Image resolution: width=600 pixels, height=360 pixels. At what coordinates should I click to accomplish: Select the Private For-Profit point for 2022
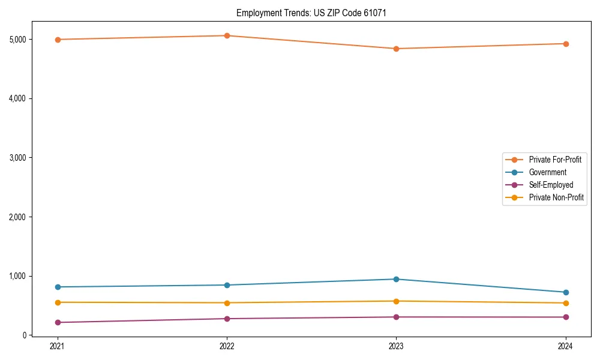click(x=227, y=35)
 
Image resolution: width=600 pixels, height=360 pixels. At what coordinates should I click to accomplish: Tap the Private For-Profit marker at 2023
click(x=396, y=49)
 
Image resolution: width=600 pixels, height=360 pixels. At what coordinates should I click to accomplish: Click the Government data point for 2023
click(x=396, y=279)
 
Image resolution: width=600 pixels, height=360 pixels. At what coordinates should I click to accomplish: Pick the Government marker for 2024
click(x=566, y=292)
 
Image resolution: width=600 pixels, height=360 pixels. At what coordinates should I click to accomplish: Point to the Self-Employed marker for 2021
click(x=57, y=322)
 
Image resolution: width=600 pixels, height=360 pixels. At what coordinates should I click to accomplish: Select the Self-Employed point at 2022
click(x=227, y=319)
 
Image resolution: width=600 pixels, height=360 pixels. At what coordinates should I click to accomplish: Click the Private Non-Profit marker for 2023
click(x=396, y=301)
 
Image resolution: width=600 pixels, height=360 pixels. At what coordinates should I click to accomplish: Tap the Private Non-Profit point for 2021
click(x=57, y=302)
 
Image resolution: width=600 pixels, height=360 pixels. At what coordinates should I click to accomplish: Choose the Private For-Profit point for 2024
click(x=566, y=44)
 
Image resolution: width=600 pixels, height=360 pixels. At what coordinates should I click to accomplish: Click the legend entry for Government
click(x=547, y=172)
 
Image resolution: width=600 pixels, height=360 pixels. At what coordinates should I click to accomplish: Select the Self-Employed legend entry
click(x=551, y=185)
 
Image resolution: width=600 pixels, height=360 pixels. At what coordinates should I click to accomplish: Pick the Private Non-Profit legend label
click(x=556, y=197)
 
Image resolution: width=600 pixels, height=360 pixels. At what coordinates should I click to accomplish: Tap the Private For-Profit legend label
click(x=554, y=160)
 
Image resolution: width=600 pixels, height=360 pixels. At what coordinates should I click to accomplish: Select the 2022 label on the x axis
click(x=227, y=346)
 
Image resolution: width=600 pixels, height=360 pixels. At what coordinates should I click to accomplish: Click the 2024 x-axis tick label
click(x=566, y=346)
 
